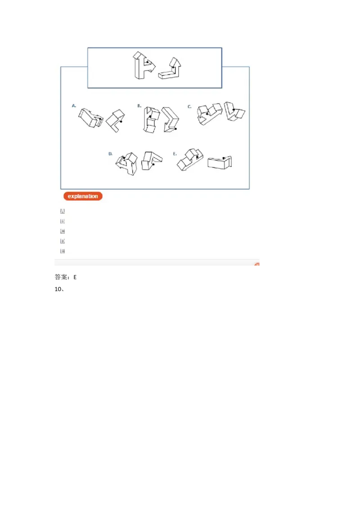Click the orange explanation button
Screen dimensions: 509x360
click(83, 196)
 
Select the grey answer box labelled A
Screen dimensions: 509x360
click(63, 211)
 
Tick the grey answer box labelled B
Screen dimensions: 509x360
click(63, 221)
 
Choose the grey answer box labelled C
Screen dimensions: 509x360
click(63, 231)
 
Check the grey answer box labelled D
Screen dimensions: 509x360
click(63, 241)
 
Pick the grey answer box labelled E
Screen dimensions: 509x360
click(63, 251)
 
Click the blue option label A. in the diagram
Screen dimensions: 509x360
click(74, 106)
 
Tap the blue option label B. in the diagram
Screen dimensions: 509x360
click(139, 106)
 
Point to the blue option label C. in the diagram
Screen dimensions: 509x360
click(189, 107)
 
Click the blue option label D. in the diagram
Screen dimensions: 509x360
click(110, 154)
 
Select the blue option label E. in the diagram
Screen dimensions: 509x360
click(175, 154)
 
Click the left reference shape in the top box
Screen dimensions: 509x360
click(144, 66)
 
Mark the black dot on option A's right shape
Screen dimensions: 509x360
click(121, 121)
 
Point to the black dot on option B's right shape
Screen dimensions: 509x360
click(175, 129)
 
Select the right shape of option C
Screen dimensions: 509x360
click(234, 112)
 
